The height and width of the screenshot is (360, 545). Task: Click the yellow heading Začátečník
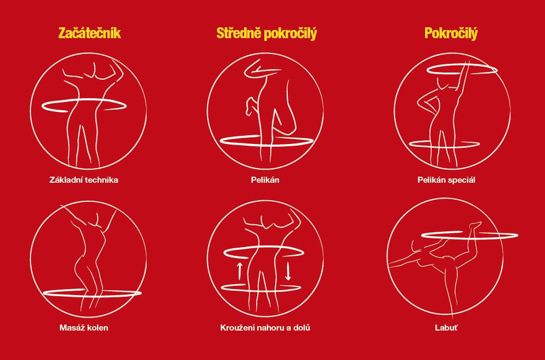click(x=89, y=33)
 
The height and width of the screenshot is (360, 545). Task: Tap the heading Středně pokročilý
click(x=267, y=34)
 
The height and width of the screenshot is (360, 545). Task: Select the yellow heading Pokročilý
click(x=451, y=34)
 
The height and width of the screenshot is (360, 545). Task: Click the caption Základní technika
click(x=84, y=180)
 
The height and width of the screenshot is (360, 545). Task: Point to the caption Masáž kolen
click(x=84, y=328)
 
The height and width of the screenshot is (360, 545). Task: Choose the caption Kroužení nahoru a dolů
click(x=265, y=328)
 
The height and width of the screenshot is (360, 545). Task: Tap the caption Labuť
click(x=446, y=328)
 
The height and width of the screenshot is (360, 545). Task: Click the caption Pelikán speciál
click(x=446, y=180)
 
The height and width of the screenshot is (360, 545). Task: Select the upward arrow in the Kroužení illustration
click(x=239, y=271)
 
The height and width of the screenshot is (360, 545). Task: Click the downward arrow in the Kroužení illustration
click(x=288, y=272)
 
